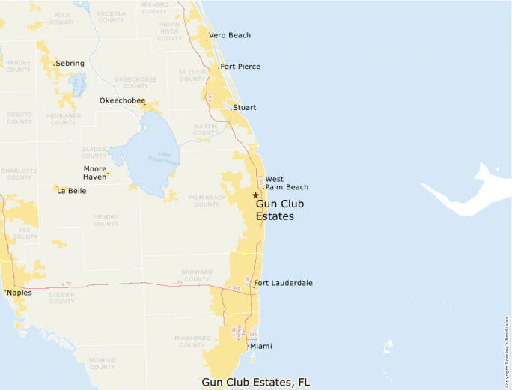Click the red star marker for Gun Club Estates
[x=255, y=195]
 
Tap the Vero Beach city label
[x=230, y=35]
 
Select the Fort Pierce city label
[x=240, y=67]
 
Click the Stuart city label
[x=244, y=108]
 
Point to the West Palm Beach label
[x=285, y=183]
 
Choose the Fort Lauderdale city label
[x=283, y=283]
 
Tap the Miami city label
[x=260, y=346]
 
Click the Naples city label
[x=19, y=293]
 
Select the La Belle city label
[x=71, y=191]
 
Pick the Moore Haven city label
[x=95, y=173]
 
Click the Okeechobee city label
[x=122, y=100]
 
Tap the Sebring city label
[x=70, y=64]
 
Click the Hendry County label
[x=106, y=220]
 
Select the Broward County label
[x=196, y=275]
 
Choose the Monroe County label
[x=102, y=363]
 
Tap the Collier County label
[x=61, y=298]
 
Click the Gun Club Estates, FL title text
[x=255, y=382]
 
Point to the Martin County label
[x=204, y=130]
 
